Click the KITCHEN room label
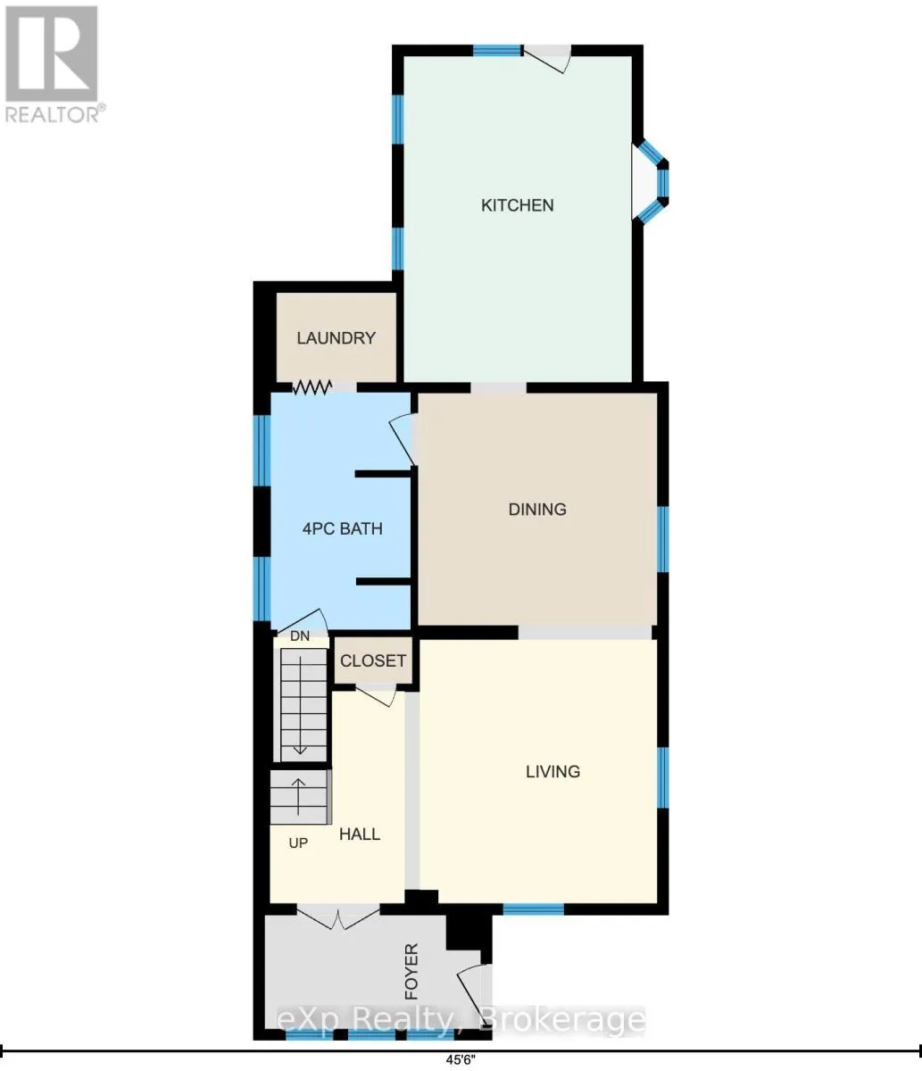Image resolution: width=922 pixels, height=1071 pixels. click(518, 205)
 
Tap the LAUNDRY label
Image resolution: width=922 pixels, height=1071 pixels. click(336, 338)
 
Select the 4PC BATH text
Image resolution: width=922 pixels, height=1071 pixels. click(342, 528)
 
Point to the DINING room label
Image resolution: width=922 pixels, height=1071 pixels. click(537, 510)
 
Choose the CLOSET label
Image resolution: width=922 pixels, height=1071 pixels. click(372, 660)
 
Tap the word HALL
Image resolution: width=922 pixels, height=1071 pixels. click(360, 834)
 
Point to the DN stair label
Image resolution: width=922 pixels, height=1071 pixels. click(300, 635)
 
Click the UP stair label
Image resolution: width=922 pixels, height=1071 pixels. click(298, 843)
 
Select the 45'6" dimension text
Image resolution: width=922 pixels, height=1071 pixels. click(461, 1059)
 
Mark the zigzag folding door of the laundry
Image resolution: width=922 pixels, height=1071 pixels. click(312, 387)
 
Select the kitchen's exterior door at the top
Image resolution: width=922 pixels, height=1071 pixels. click(547, 58)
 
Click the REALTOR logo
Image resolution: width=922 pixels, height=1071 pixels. click(52, 64)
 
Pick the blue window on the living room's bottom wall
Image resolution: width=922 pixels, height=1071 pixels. click(534, 909)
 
